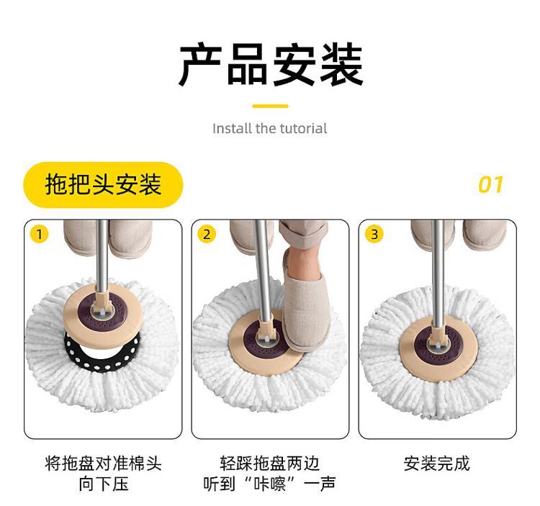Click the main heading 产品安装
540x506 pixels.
(x=271, y=64)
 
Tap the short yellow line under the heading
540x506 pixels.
(x=270, y=106)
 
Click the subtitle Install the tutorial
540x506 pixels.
(x=270, y=128)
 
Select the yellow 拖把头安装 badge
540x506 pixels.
(x=103, y=185)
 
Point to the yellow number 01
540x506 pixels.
(x=491, y=184)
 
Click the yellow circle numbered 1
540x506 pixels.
(x=40, y=235)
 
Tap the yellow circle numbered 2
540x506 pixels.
(x=207, y=235)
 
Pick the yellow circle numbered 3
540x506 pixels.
(x=374, y=235)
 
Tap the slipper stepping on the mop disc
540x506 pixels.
(x=305, y=299)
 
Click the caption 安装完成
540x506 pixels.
(x=437, y=464)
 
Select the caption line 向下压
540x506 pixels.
(x=103, y=484)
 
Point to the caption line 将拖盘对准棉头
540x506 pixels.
(x=103, y=464)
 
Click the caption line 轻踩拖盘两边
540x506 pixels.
(x=270, y=464)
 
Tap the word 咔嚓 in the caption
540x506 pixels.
(x=270, y=484)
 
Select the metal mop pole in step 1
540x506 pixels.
(x=102, y=256)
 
